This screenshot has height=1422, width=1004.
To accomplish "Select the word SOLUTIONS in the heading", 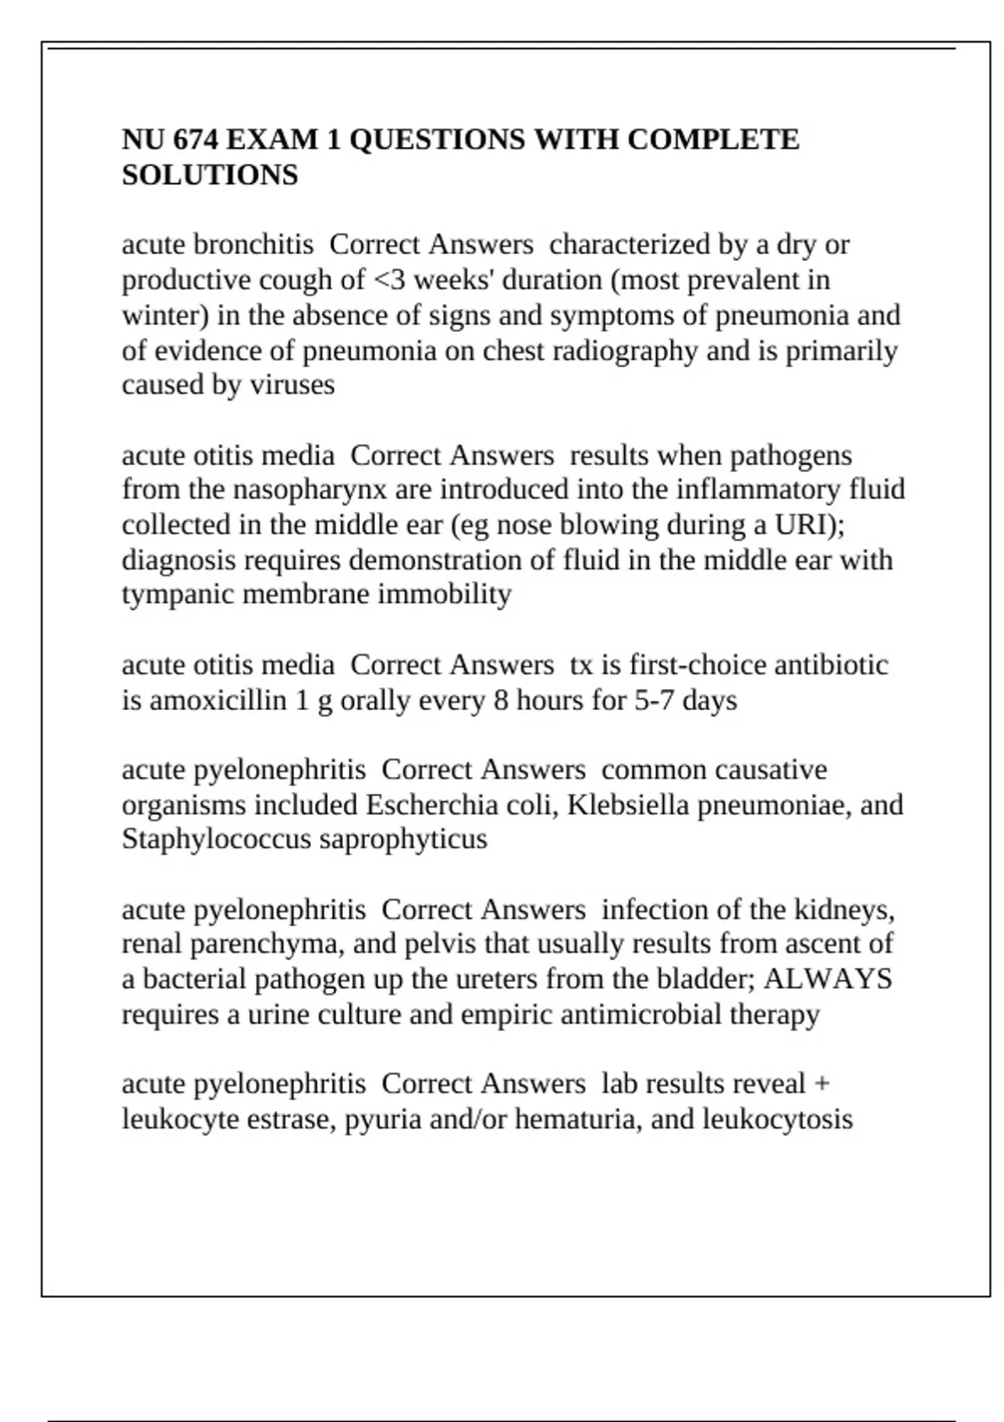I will click(210, 176).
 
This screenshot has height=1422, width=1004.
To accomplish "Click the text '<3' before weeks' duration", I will click(388, 280).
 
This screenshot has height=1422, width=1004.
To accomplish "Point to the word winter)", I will click(165, 315).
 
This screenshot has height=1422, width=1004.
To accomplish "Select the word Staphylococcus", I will click(217, 839).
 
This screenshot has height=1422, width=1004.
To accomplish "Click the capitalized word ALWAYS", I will click(827, 979).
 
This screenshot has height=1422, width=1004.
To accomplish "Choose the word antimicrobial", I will click(641, 1015).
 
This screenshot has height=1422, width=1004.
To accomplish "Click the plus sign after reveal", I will click(822, 1084).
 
